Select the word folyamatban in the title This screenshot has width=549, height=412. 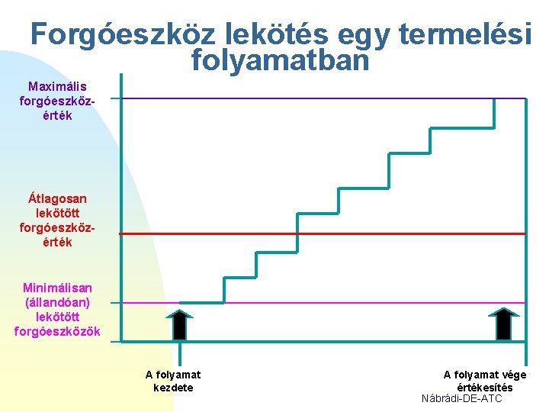click(281, 59)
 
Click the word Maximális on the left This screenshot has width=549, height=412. click(57, 86)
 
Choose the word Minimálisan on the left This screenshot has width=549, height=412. click(57, 288)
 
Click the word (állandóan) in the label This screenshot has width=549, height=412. click(57, 302)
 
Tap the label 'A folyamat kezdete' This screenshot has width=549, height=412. click(173, 381)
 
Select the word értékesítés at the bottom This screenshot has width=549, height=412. click(484, 387)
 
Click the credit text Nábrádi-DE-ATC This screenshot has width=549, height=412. click(462, 398)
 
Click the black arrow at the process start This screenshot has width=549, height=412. click(179, 323)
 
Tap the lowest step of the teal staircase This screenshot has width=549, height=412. click(202, 303)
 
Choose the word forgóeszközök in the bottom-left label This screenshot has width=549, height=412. click(57, 331)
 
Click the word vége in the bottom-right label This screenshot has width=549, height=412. click(512, 375)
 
